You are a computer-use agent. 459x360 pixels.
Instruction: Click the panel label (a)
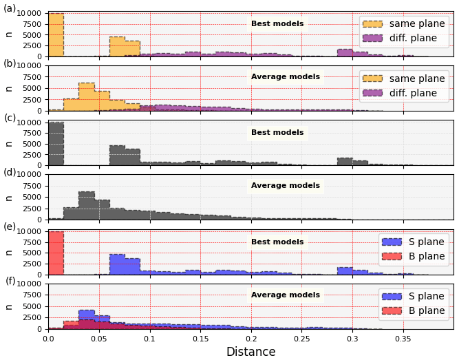10,8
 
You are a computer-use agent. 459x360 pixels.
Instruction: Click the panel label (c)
10,118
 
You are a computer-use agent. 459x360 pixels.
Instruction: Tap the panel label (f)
10,281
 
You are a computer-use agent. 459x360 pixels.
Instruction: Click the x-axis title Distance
250,352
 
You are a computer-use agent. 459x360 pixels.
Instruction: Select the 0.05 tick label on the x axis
99,339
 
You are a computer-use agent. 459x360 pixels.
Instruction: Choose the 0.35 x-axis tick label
403,339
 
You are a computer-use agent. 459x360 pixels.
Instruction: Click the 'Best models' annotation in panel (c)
277,133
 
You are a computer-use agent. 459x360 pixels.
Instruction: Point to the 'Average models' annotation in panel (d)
286,186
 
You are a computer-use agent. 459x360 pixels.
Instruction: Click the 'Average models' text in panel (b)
286,77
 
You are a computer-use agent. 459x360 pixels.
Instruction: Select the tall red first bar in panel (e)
56,253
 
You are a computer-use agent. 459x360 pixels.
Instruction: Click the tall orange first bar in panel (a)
56,35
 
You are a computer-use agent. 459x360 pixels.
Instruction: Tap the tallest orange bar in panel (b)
87,97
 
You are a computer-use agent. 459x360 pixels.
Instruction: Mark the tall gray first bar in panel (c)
56,144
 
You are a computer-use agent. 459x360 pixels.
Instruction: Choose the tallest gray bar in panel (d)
87,206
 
